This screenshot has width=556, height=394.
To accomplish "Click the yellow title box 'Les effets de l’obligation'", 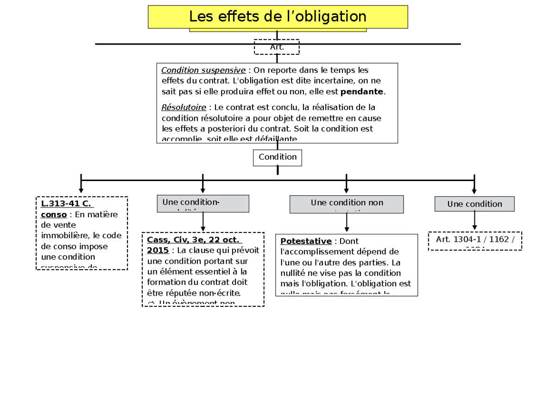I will [278, 17].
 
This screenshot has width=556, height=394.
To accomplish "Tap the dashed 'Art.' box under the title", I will [277, 47].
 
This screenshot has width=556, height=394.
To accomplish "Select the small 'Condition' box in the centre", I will [277, 157].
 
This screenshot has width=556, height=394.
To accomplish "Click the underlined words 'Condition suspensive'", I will [203, 71].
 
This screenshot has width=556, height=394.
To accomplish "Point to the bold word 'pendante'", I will [365, 91].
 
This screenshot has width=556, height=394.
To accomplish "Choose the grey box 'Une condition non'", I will [347, 204].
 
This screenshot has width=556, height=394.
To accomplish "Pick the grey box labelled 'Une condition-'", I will [203, 203].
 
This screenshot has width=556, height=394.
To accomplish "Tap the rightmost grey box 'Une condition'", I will [474, 204].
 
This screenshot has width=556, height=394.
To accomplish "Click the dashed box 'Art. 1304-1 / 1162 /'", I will [475, 240].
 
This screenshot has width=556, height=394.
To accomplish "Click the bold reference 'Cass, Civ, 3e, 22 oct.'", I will [194, 240].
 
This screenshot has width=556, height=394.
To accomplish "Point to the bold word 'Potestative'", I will [306, 241].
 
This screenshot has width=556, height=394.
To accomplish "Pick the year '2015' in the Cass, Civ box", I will [158, 251].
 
